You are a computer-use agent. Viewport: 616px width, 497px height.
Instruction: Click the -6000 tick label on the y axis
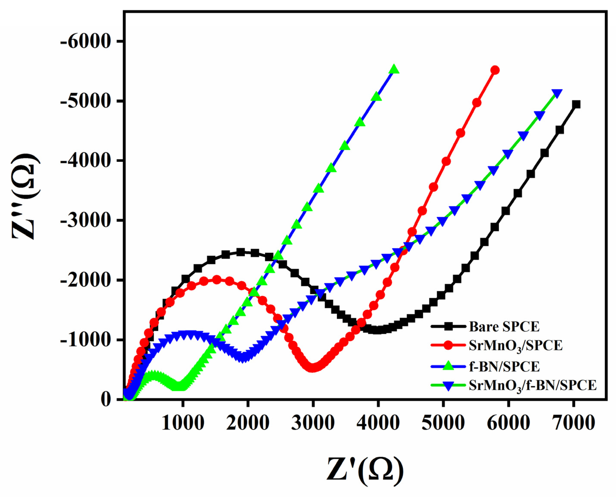pos(85,42)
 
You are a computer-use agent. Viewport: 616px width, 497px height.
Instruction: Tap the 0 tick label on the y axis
pos(106,399)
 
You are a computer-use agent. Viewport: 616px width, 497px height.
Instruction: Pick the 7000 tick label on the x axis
pos(573,423)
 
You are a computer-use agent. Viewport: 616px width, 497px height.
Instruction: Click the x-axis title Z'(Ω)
pos(365,471)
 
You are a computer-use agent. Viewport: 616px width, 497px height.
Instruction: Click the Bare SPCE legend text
pos(504,326)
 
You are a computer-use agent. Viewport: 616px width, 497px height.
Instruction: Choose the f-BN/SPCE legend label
pos(504,366)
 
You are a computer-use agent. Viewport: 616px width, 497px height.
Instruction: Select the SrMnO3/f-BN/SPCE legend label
pos(533,386)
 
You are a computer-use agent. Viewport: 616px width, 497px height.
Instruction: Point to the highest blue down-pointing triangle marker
pos(557,93)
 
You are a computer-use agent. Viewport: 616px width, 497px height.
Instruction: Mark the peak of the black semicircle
pos(240,252)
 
